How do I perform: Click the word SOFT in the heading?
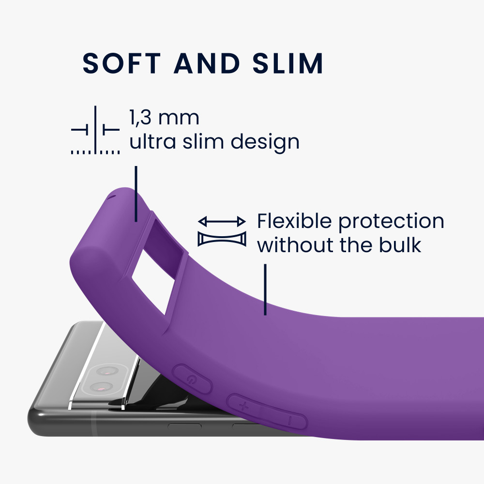pos(121,63)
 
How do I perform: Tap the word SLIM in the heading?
pos(287,63)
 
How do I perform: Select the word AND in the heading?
pos(207,63)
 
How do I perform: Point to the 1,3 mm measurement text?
pos(164,118)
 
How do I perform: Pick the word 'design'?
pos(265,142)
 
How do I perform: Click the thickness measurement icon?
pos(95,130)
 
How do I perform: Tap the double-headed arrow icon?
pos(222,221)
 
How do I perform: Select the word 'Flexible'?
pos(294,221)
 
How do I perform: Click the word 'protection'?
pos(392,222)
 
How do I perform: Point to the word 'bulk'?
pos(400,245)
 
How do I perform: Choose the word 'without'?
pos(296,245)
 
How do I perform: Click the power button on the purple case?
pos(192,379)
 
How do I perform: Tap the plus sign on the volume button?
pos(244,406)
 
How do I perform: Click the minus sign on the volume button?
pos(290,421)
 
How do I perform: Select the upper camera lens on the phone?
pos(106,370)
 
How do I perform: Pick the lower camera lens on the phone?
pos(100,387)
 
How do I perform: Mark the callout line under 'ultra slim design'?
pos(136,194)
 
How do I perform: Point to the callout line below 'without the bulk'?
pos(265,289)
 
